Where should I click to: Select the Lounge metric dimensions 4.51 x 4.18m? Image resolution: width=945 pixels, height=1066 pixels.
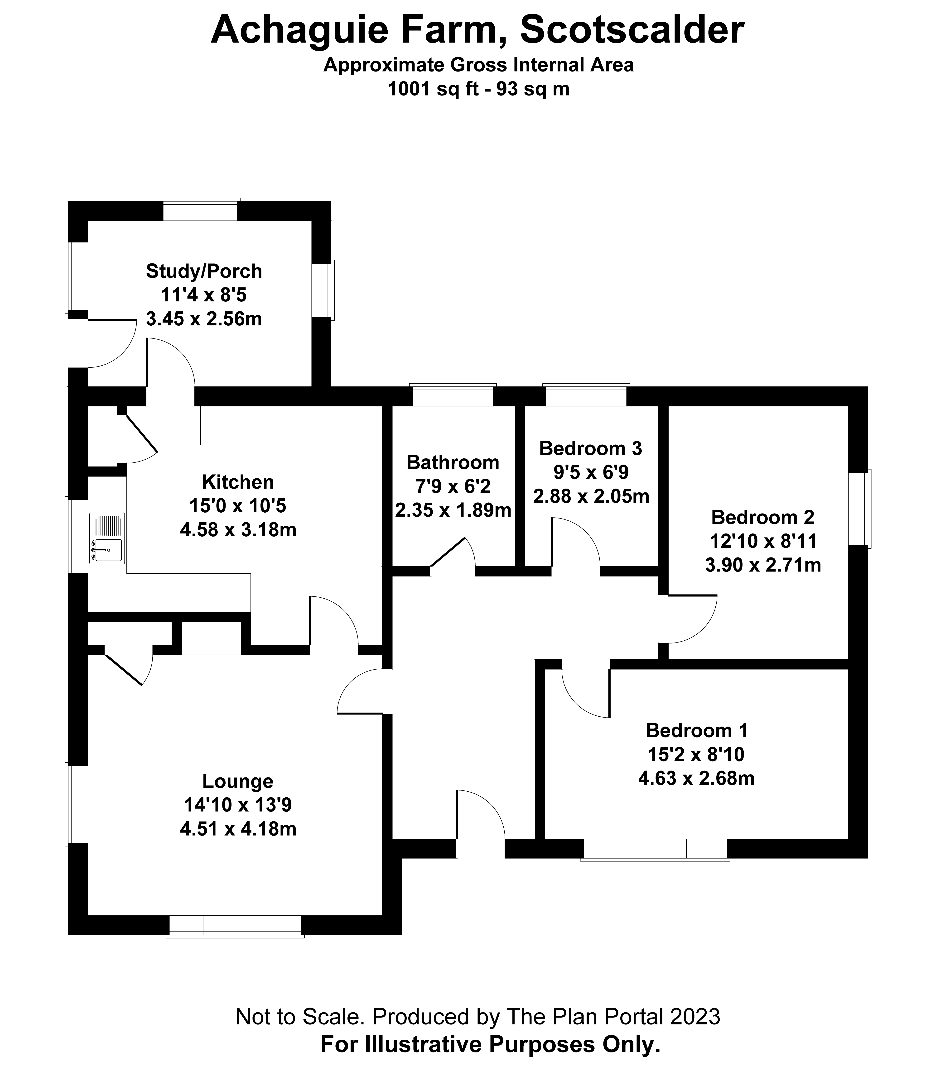(x=238, y=829)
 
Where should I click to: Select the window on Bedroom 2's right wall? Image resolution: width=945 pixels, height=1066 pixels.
(x=858, y=509)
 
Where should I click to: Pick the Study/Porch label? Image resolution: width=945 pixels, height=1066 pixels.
(x=203, y=271)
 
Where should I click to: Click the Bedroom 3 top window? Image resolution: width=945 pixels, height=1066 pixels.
(x=586, y=395)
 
